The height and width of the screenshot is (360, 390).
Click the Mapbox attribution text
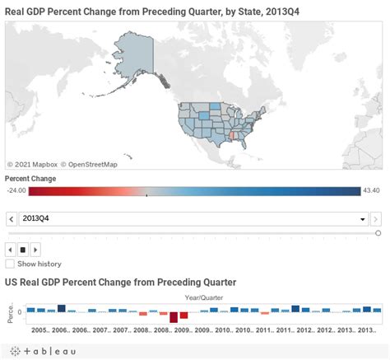point(33,164)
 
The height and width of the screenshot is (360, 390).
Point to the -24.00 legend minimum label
point(16,191)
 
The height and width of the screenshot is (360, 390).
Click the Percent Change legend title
point(30,178)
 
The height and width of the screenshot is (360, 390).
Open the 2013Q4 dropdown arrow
point(363,219)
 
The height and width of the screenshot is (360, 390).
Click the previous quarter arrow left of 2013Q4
point(11,219)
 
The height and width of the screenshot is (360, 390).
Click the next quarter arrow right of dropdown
point(376,219)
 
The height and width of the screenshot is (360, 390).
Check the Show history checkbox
point(10,264)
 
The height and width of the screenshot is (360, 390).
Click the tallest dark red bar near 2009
point(174,317)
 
